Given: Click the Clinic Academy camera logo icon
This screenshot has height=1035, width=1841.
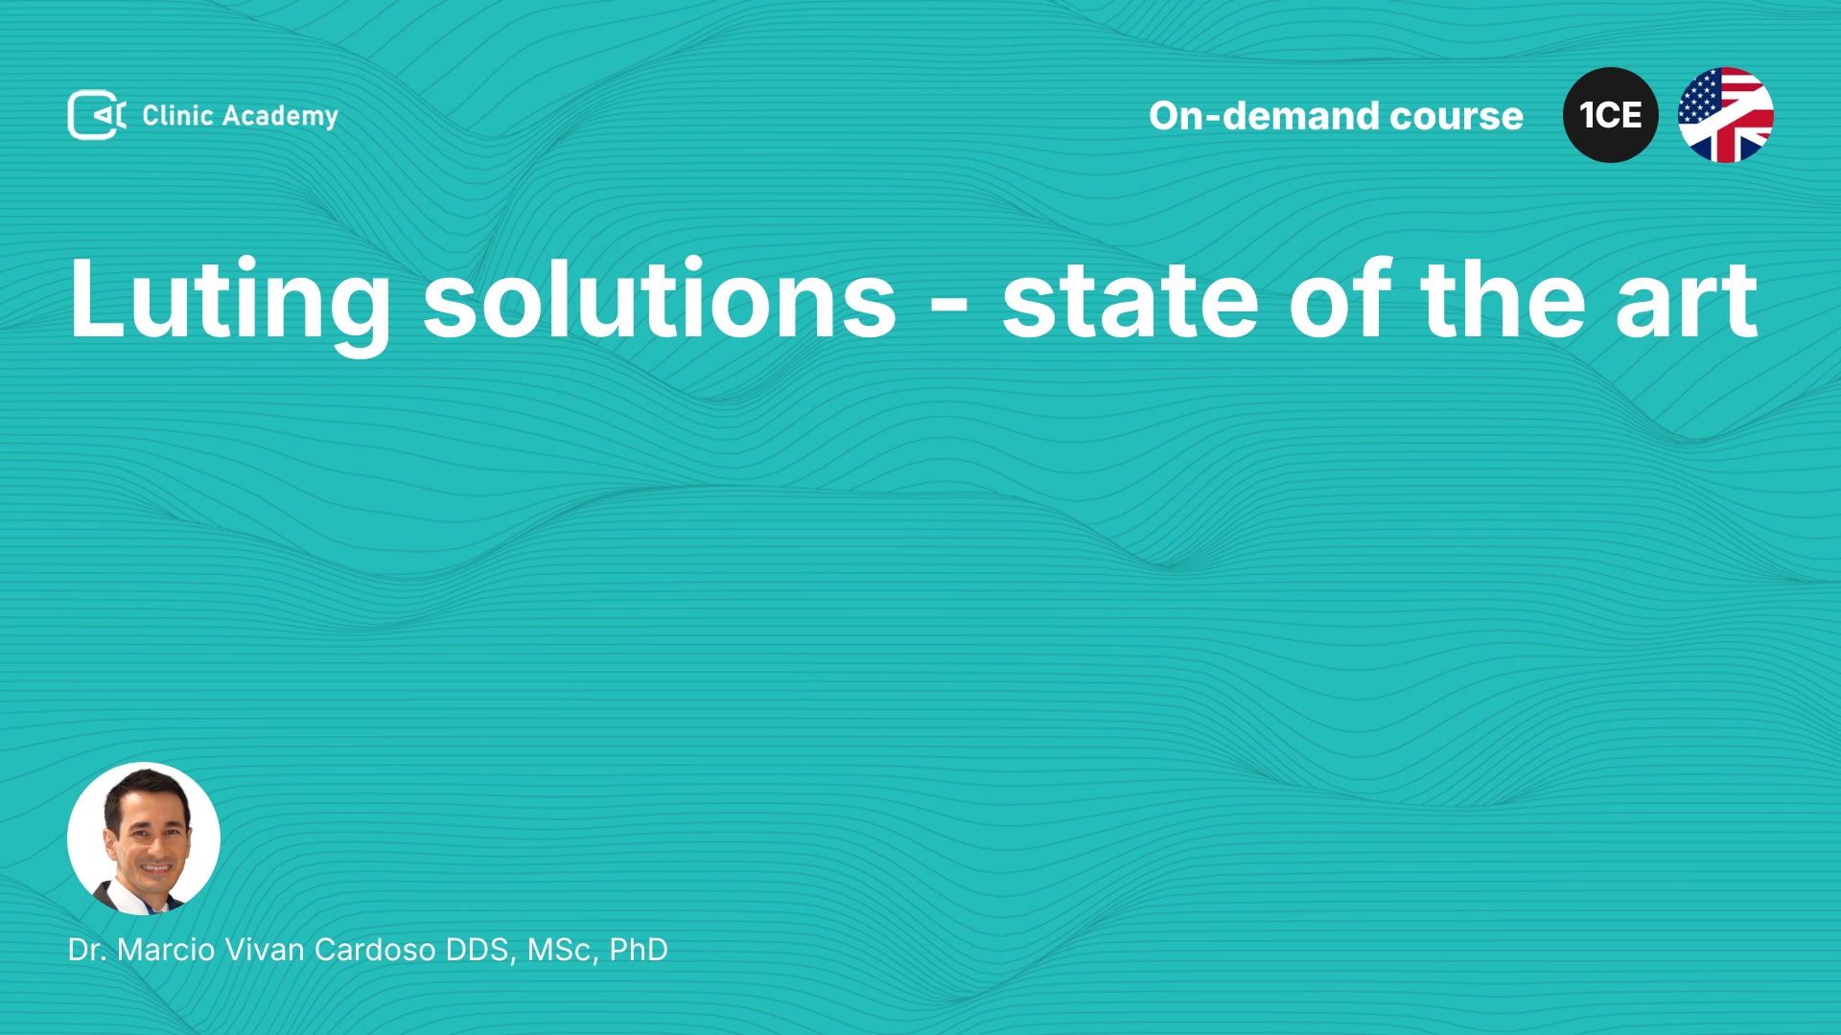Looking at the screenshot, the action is point(97,115).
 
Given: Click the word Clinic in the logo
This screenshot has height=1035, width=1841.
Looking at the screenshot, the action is point(177,115).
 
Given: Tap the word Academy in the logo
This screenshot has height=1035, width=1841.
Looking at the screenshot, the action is point(280,117).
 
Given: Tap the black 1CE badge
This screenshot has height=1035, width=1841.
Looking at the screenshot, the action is point(1611,115).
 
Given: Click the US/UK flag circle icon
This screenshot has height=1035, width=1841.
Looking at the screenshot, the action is point(1726,115).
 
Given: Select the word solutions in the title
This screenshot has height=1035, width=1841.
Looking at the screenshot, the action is point(660,298).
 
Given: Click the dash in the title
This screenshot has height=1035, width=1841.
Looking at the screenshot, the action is point(949,307).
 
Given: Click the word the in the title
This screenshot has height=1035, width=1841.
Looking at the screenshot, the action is point(1503,298).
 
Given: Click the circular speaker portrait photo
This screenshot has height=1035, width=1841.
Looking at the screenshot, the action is point(144,839).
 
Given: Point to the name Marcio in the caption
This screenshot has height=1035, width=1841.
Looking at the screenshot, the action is point(166,950).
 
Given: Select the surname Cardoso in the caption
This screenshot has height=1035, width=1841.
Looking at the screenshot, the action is point(375,950).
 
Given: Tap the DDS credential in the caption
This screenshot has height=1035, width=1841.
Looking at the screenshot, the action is point(481,951).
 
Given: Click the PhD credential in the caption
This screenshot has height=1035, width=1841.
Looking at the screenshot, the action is point(639,950).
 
